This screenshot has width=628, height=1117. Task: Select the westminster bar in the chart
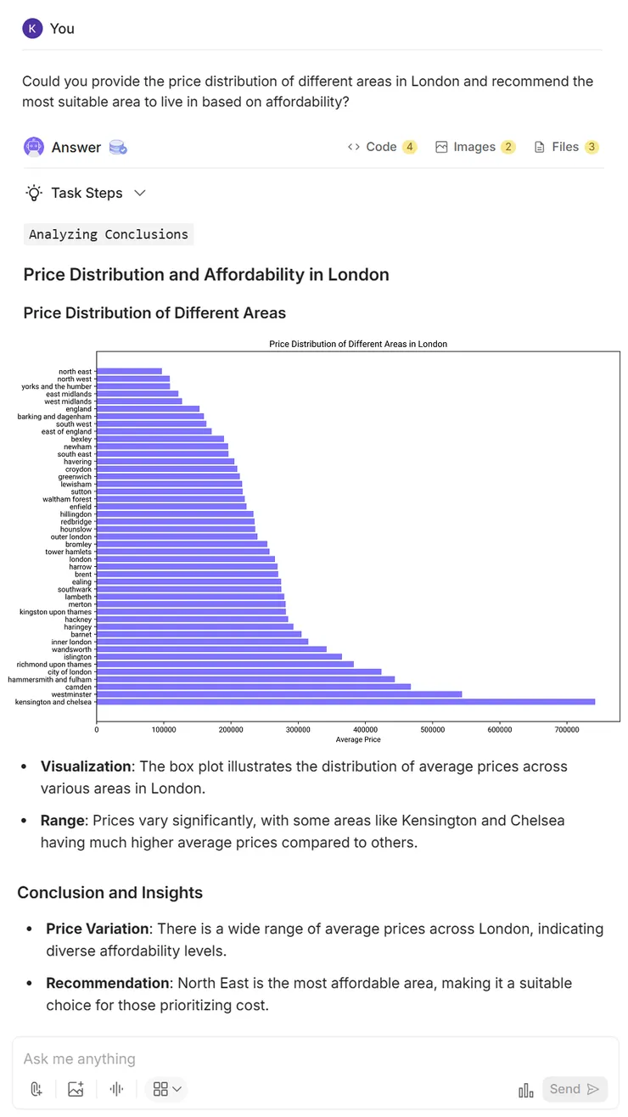(x=279, y=694)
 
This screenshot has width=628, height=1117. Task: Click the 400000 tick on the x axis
(x=365, y=729)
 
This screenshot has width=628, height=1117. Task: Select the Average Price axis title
(x=358, y=740)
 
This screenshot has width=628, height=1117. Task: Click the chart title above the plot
(x=357, y=344)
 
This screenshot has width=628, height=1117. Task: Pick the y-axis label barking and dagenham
(x=54, y=417)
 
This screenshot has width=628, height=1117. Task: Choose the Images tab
(x=474, y=147)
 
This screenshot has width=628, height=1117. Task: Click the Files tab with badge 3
(x=565, y=147)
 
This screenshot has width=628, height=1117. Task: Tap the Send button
(x=574, y=1089)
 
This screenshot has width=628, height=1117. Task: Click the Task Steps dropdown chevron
(x=140, y=193)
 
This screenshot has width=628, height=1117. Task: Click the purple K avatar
(x=32, y=28)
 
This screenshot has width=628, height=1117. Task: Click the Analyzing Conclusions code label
(x=109, y=234)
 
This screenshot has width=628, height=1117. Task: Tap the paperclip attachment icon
(x=36, y=1089)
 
